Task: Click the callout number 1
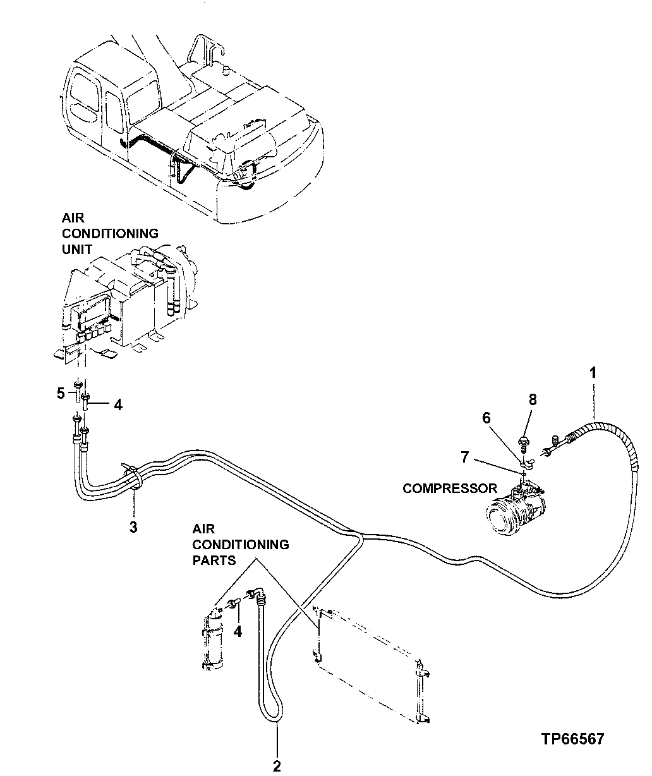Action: (x=593, y=373)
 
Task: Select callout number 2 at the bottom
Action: (x=276, y=767)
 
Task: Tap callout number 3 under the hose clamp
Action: (x=133, y=526)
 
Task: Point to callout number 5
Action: (x=61, y=394)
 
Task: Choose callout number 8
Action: (x=533, y=399)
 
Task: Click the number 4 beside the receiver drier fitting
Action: (x=238, y=631)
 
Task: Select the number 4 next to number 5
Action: (x=118, y=405)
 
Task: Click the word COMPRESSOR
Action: (x=450, y=488)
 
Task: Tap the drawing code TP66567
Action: (x=572, y=739)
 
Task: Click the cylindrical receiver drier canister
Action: (x=214, y=638)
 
